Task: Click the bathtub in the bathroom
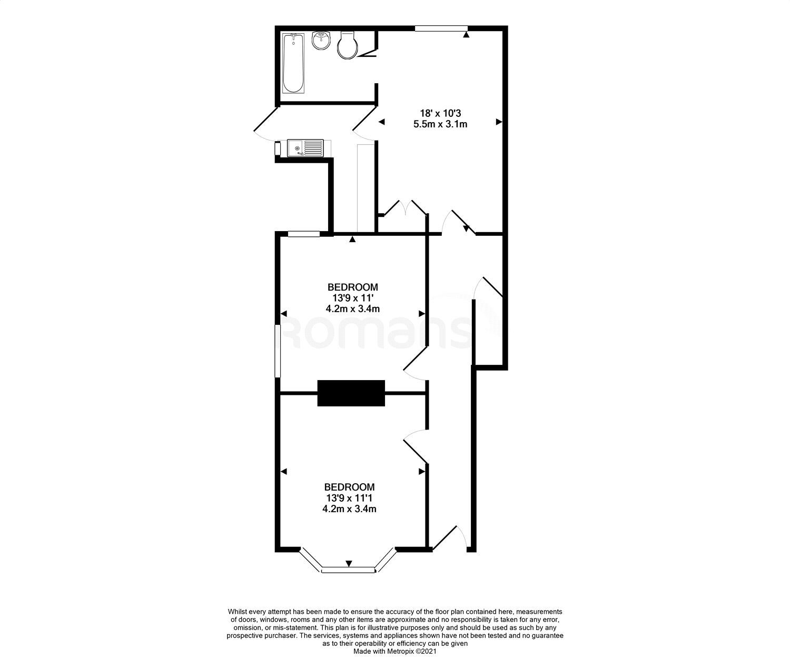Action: (x=293, y=63)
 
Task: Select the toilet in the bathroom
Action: (x=347, y=45)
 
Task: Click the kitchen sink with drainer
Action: (x=305, y=148)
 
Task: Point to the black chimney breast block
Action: (x=351, y=393)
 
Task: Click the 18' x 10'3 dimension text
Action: (x=440, y=113)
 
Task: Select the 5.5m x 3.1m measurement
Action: (x=440, y=124)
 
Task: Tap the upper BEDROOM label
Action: (x=353, y=287)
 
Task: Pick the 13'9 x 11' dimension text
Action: (x=353, y=298)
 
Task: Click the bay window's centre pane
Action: (x=348, y=570)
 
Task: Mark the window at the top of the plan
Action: (x=441, y=28)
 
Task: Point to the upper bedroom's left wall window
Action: (x=278, y=351)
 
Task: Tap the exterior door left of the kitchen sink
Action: (x=266, y=124)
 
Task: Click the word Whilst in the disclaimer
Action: (x=238, y=612)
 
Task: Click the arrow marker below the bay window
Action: (x=349, y=563)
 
